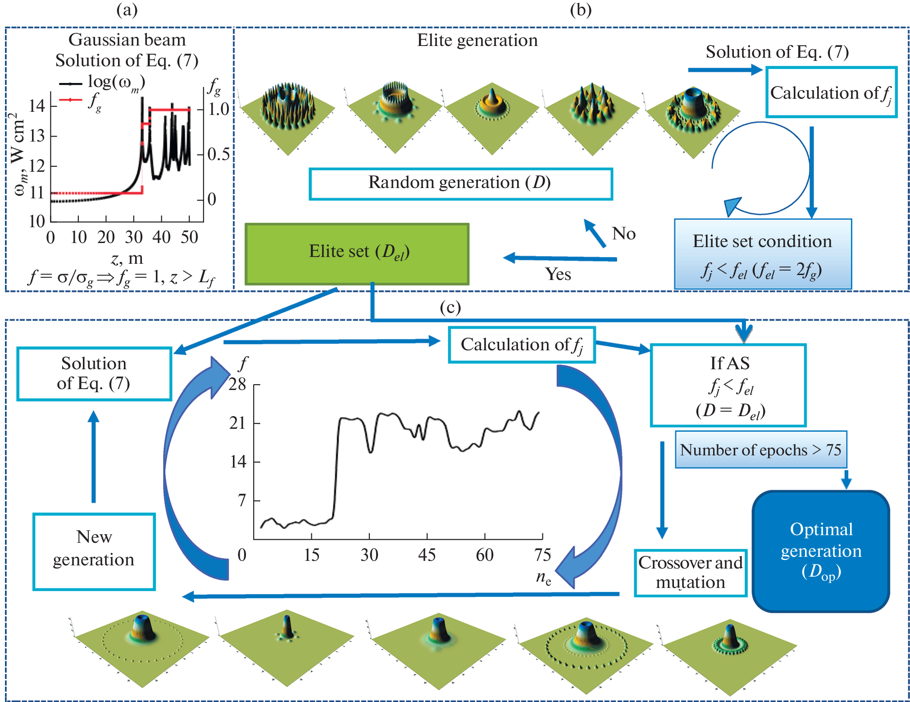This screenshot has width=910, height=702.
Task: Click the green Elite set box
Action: click(357, 254)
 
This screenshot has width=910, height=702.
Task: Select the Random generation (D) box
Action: click(460, 184)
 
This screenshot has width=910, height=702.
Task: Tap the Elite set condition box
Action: click(762, 254)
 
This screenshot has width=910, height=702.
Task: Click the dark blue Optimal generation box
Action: click(820, 551)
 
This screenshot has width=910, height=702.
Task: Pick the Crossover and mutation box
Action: click(690, 573)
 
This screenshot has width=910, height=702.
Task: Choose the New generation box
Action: click(94, 551)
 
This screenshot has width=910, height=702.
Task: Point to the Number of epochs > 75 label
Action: click(760, 450)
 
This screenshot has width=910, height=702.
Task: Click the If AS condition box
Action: click(728, 385)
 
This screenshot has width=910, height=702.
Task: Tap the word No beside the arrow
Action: click(623, 234)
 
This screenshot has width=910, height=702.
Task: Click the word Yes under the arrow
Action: click(558, 274)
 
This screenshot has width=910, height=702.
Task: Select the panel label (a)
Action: click(127, 9)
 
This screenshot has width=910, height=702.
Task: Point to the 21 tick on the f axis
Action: click(238, 423)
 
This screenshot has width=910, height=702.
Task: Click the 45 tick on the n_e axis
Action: click(427, 555)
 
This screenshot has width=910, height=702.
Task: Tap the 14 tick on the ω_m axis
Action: click(37, 106)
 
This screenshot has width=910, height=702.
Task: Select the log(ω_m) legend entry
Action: click(116, 82)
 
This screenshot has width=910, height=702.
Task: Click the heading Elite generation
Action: click(477, 40)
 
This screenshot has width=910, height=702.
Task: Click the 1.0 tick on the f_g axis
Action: click(218, 109)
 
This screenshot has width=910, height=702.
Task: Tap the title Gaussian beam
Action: click(127, 40)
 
